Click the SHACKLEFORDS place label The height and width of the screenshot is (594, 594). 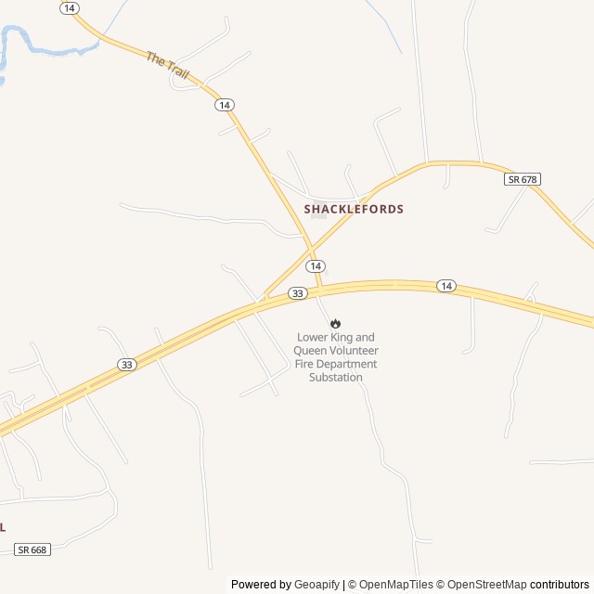(354, 209)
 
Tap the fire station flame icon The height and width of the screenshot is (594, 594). (335, 324)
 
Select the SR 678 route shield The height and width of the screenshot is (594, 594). (523, 178)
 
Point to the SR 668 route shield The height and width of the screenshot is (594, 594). (32, 549)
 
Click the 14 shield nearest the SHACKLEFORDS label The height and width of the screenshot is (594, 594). (316, 265)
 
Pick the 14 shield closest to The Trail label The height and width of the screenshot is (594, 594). (224, 105)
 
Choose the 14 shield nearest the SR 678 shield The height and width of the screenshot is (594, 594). (446, 286)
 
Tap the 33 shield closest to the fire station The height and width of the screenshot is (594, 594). (297, 293)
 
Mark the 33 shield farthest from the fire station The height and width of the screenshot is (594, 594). (127, 365)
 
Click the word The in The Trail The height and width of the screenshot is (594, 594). (154, 58)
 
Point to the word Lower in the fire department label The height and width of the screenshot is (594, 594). (314, 338)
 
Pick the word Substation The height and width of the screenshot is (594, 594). (335, 377)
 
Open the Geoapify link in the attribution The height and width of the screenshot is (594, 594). (317, 585)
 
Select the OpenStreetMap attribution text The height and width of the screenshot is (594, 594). (486, 585)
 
